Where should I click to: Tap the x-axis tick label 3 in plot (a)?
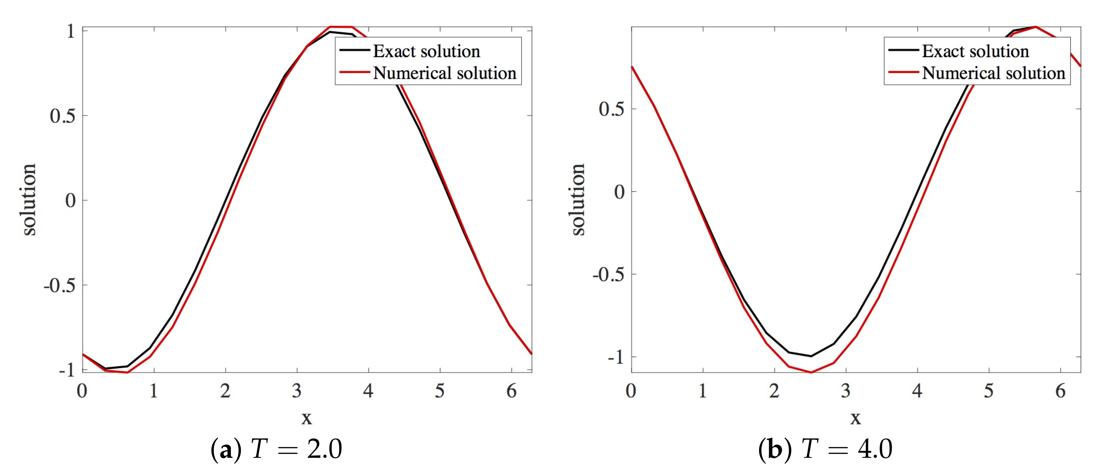297,391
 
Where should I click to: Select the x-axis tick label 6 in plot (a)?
512,391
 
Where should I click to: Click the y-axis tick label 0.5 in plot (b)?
611,109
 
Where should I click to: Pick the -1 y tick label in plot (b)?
616,357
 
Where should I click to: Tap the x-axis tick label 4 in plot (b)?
917,391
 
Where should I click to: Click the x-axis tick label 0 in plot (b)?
631,391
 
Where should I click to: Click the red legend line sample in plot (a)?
354,72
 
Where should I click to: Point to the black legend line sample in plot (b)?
903,50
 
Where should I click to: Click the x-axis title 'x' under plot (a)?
307,418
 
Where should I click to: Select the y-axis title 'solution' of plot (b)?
578,199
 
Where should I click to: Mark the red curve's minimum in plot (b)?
811,372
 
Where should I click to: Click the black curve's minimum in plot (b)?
811,356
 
